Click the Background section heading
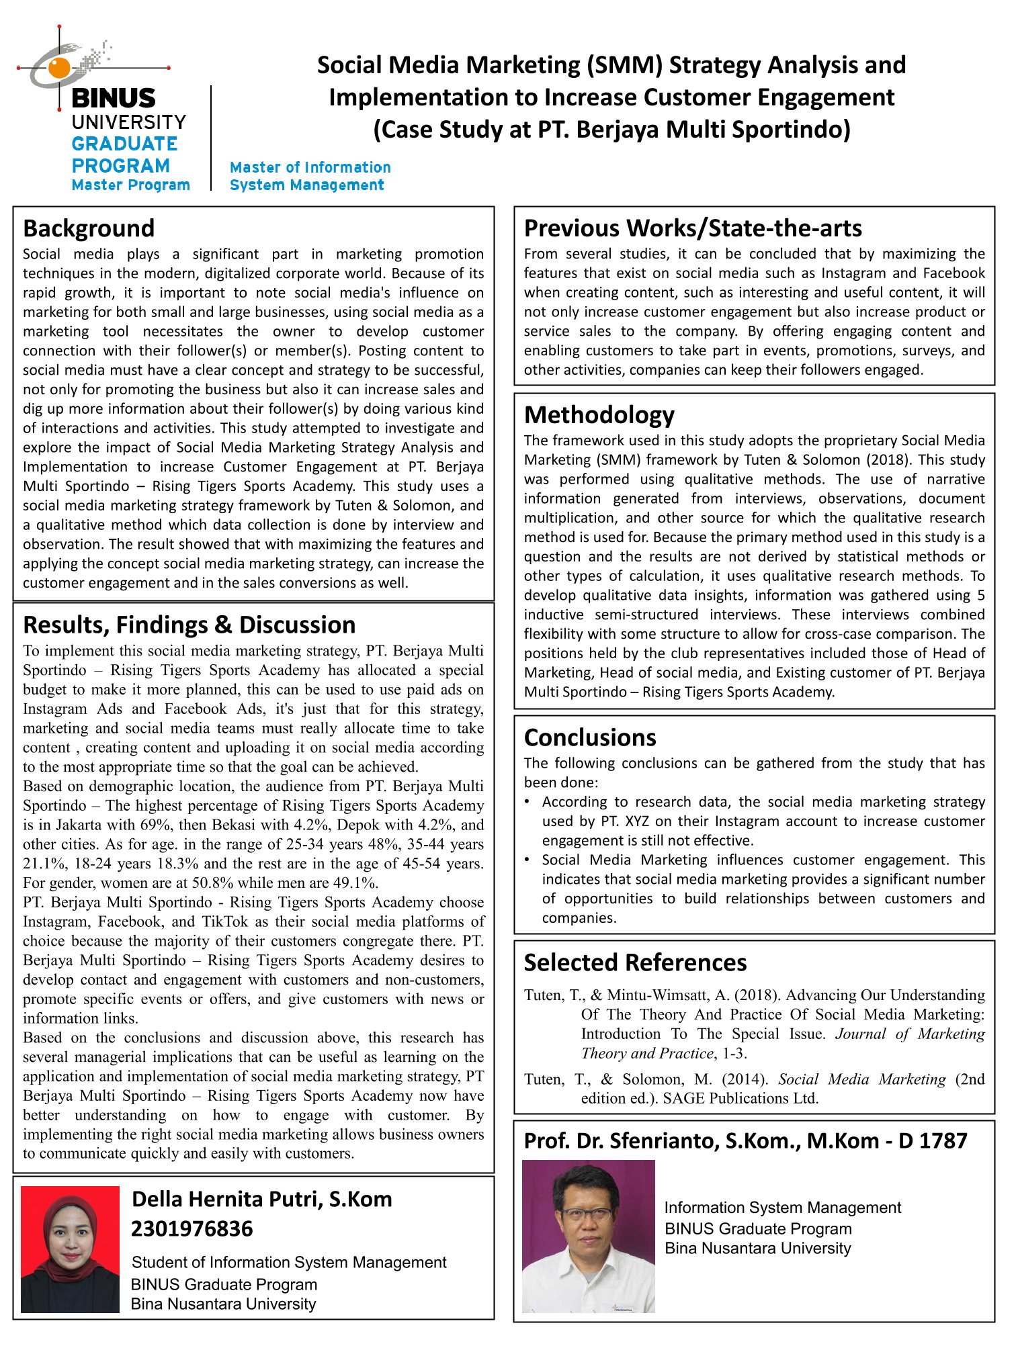point(89,229)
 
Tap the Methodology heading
point(599,415)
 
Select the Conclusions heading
point(590,737)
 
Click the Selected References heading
point(635,962)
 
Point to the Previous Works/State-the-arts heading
point(693,228)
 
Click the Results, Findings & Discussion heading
point(189,625)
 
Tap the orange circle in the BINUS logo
point(59,67)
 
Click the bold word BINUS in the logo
point(113,99)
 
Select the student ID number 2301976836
point(192,1229)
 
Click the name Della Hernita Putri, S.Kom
point(261,1199)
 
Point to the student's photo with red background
point(70,1249)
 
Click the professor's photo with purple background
point(588,1236)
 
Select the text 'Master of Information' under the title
point(310,167)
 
